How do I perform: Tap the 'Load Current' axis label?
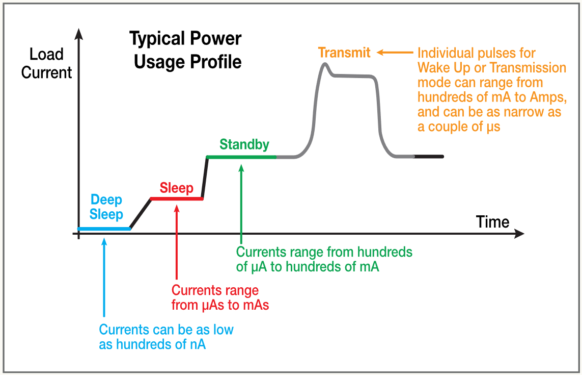(46, 63)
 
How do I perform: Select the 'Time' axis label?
(492, 222)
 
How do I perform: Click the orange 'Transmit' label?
(344, 52)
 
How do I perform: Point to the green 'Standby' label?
(244, 144)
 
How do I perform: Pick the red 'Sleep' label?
(177, 188)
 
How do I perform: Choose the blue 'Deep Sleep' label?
(106, 207)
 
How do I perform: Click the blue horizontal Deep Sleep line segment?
(104, 229)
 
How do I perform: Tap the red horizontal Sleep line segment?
(177, 198)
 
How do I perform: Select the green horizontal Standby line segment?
(241, 157)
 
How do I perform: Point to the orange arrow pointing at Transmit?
(395, 52)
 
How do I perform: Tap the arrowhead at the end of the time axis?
(519, 234)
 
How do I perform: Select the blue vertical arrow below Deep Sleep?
(104, 278)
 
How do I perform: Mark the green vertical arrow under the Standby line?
(241, 204)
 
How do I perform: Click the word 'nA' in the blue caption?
(197, 344)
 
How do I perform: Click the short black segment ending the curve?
(429, 156)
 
